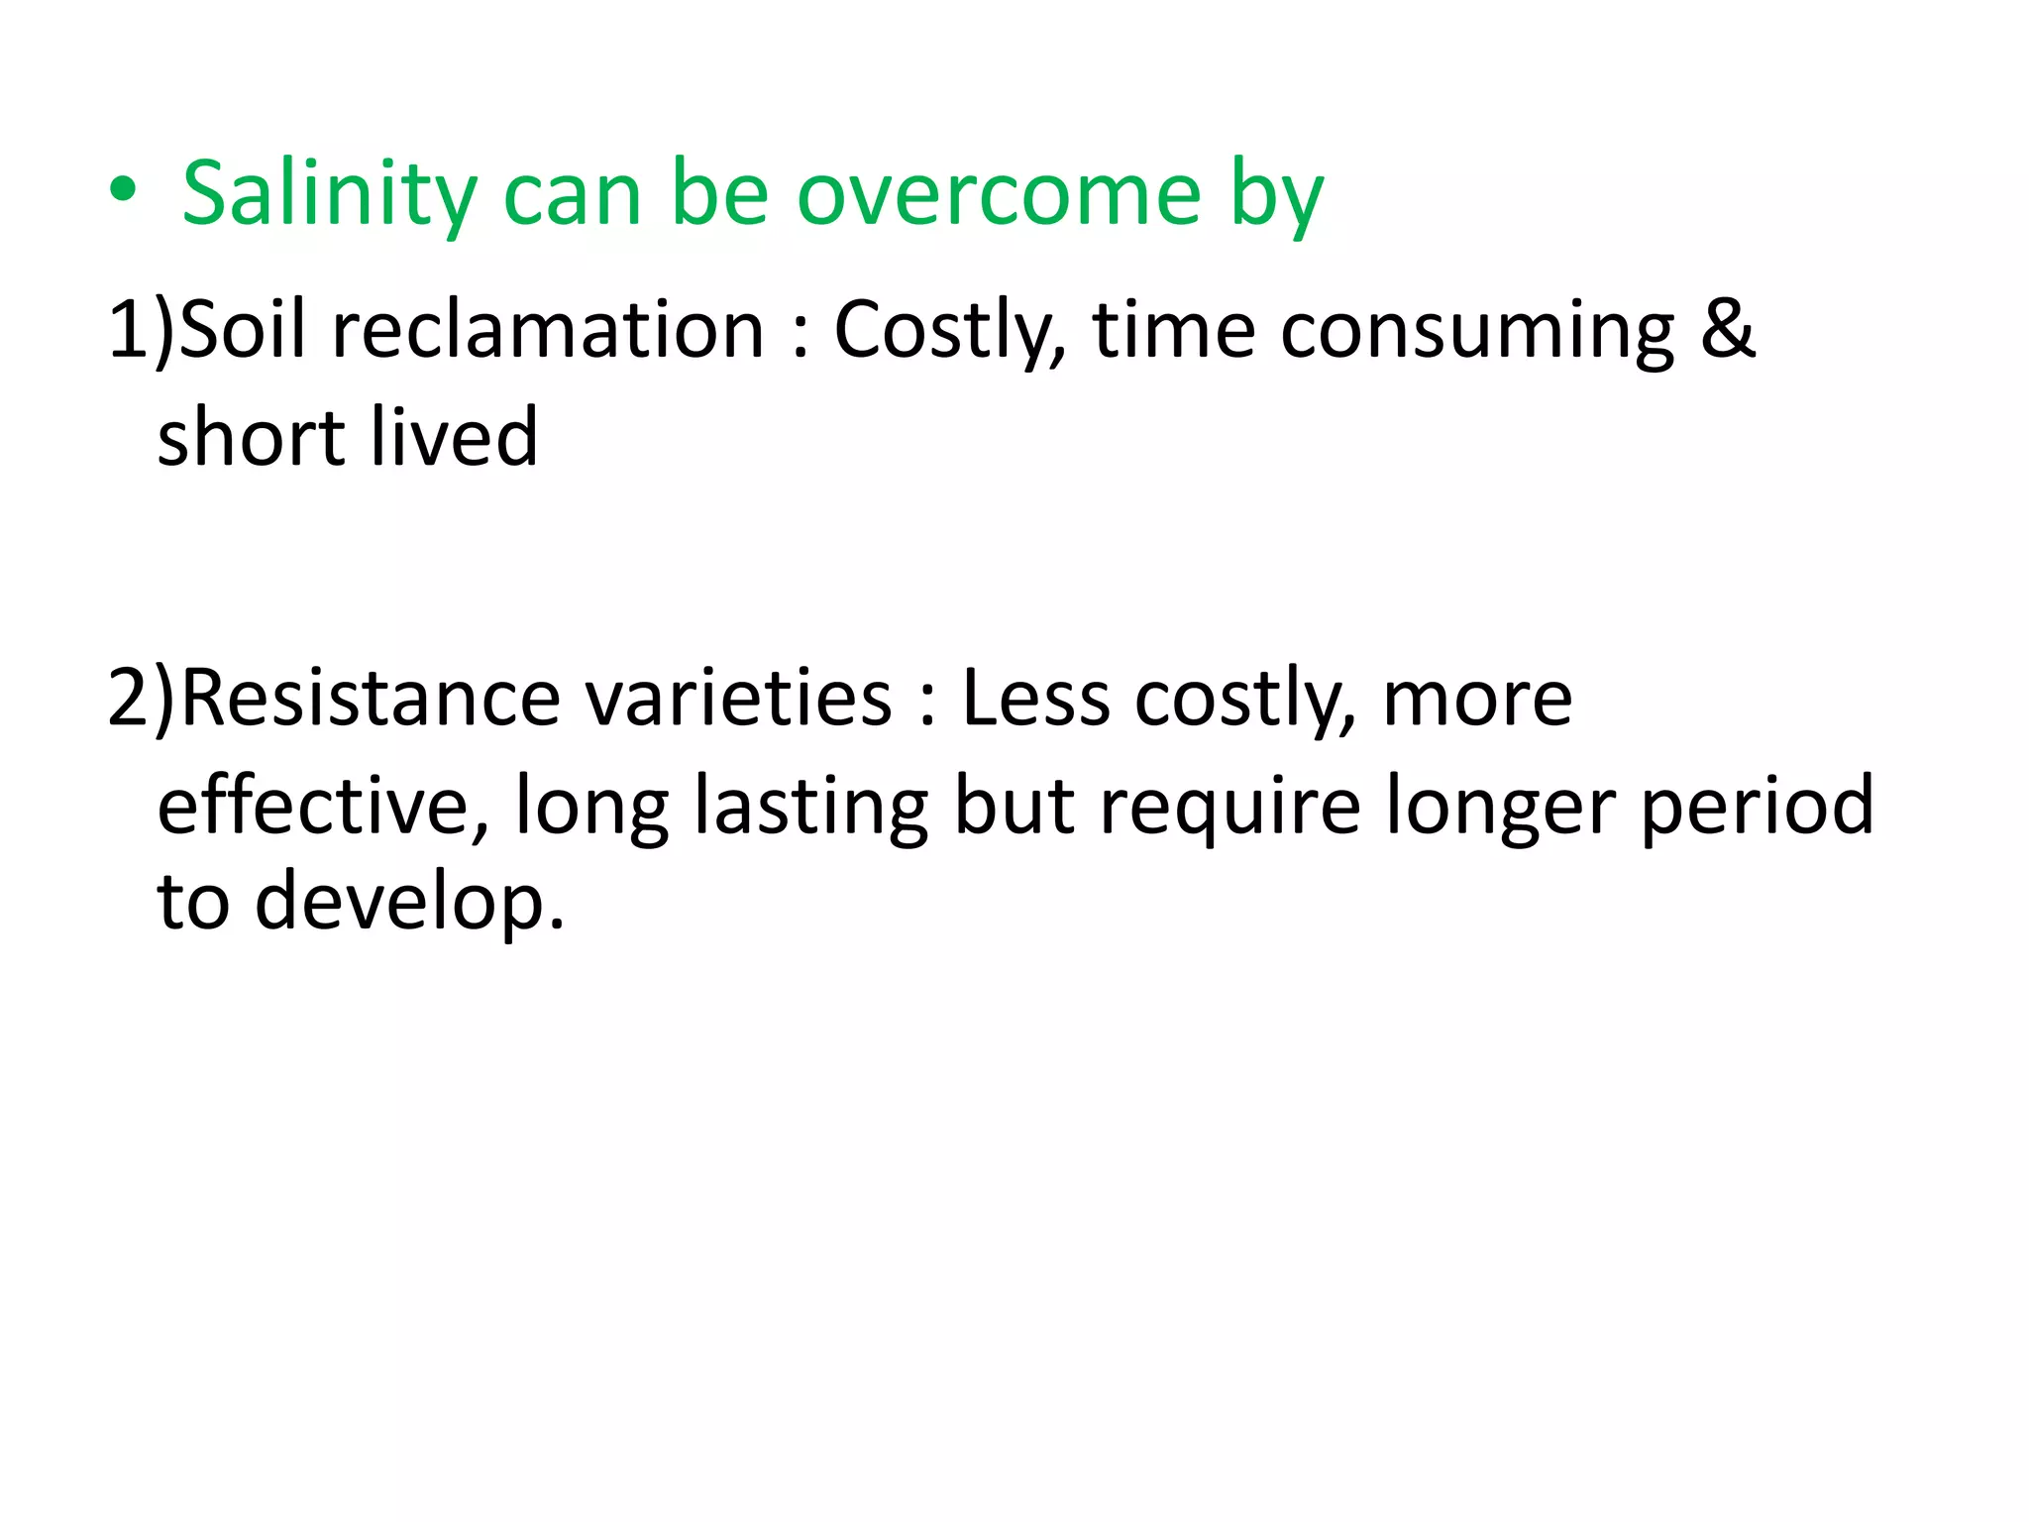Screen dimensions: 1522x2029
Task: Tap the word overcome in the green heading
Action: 1000,194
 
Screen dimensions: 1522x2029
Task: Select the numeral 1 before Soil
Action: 127,329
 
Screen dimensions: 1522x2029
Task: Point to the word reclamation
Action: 548,329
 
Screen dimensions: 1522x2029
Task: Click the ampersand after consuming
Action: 1728,329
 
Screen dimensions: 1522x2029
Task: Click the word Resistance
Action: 372,699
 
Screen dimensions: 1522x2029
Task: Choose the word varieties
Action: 739,699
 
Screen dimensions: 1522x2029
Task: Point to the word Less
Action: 1035,699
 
